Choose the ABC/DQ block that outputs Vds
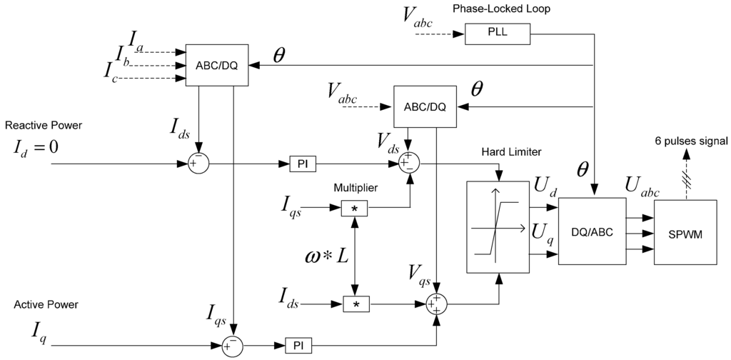[x=425, y=107]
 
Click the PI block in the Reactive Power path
[x=300, y=164]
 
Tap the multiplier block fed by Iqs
[x=353, y=208]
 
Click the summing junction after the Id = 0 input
[x=198, y=164]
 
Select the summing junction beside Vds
[x=409, y=164]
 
